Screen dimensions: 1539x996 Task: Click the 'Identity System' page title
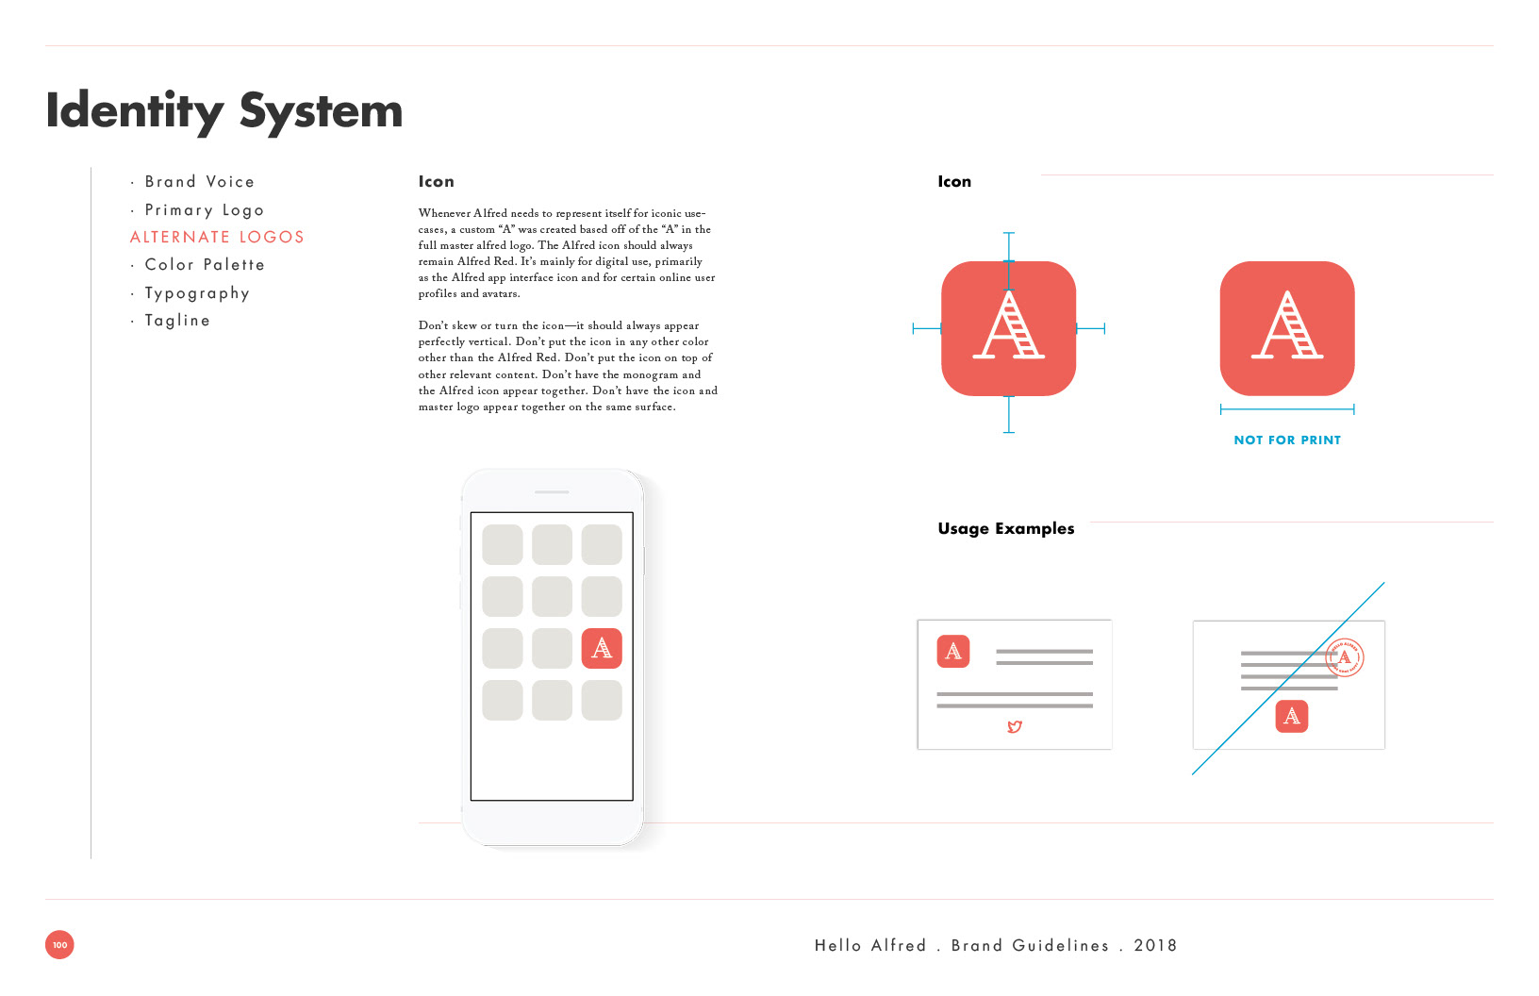point(224,111)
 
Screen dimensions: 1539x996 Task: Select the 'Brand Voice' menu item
point(199,181)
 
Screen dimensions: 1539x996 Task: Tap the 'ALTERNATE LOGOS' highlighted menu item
point(217,237)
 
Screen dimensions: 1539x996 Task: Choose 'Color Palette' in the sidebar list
point(204,265)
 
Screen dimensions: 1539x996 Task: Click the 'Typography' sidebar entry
point(196,293)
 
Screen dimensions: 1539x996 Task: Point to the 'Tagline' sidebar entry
point(177,321)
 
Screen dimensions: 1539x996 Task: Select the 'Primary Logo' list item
point(204,210)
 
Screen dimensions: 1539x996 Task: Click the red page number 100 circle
point(59,944)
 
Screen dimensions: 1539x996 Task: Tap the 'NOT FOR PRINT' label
point(1287,440)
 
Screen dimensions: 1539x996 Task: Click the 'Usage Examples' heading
point(1006,528)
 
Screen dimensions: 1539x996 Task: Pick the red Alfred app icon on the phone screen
point(602,648)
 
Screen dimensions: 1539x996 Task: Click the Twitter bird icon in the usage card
point(1015,726)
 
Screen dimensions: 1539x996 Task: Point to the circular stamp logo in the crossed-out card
point(1345,657)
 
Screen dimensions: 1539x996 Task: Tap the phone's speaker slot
point(552,492)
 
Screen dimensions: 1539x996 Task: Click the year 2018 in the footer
point(1155,946)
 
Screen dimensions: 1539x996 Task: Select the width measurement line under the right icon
point(1287,409)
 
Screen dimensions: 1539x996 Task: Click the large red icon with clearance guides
point(1009,328)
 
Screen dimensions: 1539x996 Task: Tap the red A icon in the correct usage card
point(953,652)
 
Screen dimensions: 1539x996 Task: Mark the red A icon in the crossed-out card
point(1292,716)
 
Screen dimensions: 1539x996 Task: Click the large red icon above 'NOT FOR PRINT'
point(1287,328)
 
